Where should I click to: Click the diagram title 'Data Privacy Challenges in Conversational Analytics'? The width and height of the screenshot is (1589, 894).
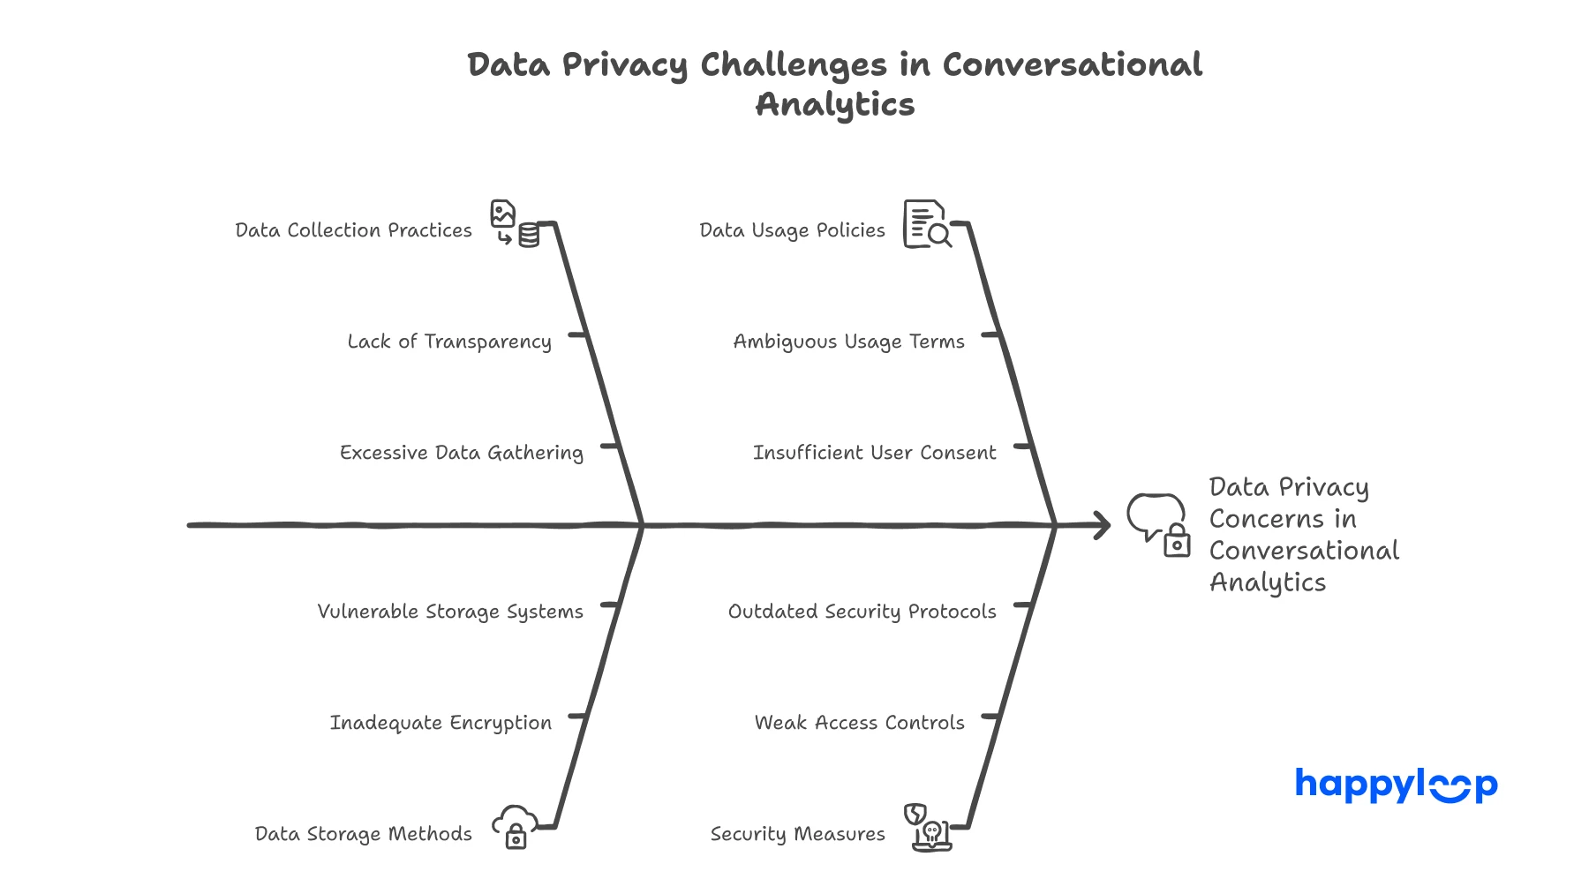point(834,84)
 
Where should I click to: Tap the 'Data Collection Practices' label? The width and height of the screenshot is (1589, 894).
point(353,230)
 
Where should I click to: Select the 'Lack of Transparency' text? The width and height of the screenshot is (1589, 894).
point(449,342)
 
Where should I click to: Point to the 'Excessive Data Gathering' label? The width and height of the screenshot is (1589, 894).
point(461,453)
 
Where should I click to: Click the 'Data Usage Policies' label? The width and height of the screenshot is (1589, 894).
point(792,230)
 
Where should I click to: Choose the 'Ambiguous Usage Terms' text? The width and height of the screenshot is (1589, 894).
point(848,342)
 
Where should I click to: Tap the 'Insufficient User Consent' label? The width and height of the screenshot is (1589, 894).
point(874,453)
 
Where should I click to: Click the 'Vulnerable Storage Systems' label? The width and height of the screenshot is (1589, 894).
point(450,612)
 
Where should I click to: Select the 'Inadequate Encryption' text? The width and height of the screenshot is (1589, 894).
point(441,723)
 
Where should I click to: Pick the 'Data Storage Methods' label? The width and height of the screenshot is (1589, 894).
point(363,834)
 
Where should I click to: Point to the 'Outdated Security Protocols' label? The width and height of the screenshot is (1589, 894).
point(862,612)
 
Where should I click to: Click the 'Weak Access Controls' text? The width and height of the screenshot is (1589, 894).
point(859,723)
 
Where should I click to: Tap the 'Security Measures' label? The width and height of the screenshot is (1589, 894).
point(797,834)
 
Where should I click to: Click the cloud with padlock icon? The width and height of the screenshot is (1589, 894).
point(515,827)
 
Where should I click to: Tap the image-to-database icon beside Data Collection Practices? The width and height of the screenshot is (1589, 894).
point(515,224)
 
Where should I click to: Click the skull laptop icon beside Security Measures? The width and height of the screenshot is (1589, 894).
point(928,827)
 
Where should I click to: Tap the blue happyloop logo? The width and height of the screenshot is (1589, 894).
point(1396,785)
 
